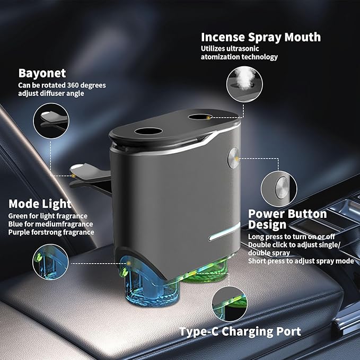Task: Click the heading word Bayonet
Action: [42, 73]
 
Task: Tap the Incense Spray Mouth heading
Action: [261, 37]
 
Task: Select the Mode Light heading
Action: [40, 204]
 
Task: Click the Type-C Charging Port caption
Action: [240, 331]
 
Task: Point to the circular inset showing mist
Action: [244, 84]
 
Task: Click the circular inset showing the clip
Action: [51, 121]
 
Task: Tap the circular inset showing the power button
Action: [279, 189]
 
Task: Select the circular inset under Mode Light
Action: [50, 262]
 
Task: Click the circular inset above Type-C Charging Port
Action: [230, 304]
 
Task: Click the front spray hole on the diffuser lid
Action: [148, 131]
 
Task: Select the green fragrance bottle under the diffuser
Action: [207, 272]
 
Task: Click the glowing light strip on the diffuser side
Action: [224, 232]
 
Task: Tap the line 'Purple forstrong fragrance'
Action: [51, 232]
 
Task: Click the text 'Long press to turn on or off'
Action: [292, 236]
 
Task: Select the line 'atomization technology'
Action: [239, 57]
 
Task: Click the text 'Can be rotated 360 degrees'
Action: [62, 85]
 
